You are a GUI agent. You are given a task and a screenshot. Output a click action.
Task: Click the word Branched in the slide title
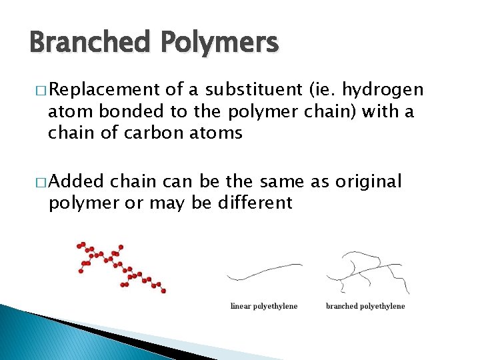point(90,43)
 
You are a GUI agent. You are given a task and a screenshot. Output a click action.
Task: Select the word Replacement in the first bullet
point(104,90)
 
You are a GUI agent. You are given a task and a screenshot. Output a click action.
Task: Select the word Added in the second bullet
point(77,181)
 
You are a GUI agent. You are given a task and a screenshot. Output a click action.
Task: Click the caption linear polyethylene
point(264,307)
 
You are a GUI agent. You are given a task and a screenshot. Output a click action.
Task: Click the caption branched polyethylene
point(365,307)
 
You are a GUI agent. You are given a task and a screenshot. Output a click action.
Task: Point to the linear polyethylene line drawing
point(264,272)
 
